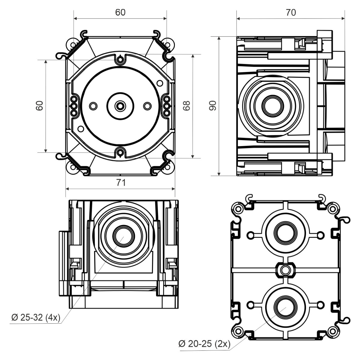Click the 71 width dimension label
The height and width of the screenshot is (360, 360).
[x=121, y=182]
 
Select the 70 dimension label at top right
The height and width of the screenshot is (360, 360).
[x=291, y=12]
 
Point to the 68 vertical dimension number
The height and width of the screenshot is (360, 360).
[x=187, y=105]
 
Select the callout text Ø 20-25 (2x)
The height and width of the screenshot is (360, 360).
[x=204, y=344]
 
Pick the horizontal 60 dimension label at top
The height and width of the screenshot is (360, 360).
[x=120, y=12]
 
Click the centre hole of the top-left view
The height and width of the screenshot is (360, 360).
[x=120, y=106]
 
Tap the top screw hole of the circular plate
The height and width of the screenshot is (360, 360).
[x=120, y=59]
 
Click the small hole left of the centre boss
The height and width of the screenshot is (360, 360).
[x=94, y=106]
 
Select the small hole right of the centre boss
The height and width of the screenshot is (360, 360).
[x=147, y=106]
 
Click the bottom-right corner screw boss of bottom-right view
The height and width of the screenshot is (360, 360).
[x=332, y=331]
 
